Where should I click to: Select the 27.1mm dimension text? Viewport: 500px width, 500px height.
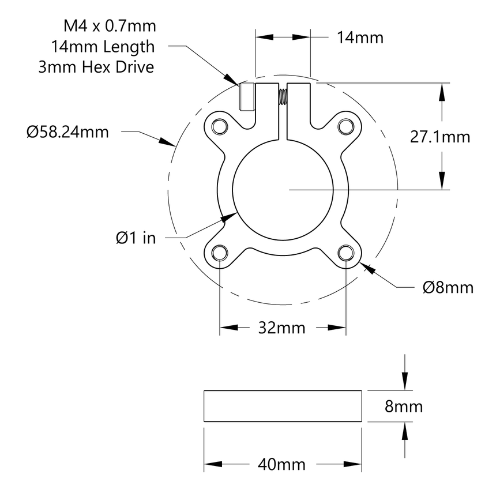439,137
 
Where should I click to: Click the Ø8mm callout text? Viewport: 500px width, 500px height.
448,287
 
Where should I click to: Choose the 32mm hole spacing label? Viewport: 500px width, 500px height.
283,328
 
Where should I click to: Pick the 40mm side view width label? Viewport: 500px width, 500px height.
283,464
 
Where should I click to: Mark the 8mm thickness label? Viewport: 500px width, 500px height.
404,407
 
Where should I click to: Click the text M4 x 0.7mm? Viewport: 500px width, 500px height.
110,26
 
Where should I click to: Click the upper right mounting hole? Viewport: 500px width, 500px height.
345,126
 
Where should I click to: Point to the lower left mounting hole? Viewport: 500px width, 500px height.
219,253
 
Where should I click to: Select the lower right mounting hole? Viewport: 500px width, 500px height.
346,253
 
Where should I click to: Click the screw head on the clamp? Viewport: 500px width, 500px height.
246,97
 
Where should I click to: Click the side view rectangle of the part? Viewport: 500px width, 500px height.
283,407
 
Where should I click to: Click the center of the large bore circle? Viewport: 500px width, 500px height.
283,189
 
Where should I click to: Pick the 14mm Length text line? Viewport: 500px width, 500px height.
103,47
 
